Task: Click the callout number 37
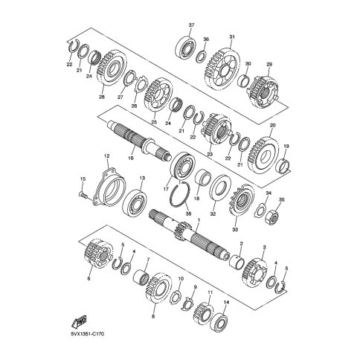click(191, 25)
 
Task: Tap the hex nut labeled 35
click(273, 217)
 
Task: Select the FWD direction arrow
click(79, 321)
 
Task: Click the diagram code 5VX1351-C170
click(87, 334)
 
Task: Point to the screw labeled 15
click(83, 195)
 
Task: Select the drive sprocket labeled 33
click(241, 201)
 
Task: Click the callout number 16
click(131, 158)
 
